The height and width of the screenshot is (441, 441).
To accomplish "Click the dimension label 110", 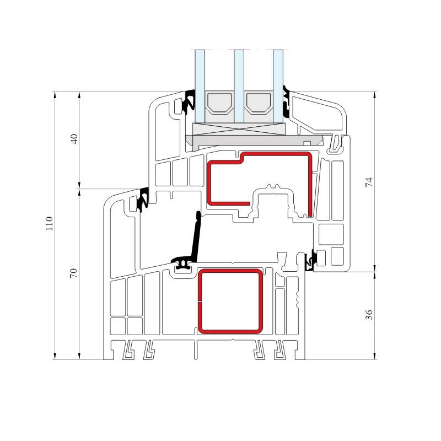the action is (49, 224).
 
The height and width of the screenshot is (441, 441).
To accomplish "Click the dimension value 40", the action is (74, 139).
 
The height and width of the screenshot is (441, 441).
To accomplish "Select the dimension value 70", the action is (73, 273).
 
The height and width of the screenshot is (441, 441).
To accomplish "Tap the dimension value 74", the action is (369, 182).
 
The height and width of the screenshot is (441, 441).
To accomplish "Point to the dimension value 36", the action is (369, 314).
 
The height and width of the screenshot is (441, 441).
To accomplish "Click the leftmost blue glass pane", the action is (200, 87).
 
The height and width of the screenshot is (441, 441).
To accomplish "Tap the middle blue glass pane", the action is (239, 87).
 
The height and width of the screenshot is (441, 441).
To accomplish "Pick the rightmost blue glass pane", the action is (278, 87).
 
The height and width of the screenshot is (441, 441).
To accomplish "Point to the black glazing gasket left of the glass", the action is (189, 102).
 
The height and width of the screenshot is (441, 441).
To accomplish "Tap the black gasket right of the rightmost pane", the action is (287, 102).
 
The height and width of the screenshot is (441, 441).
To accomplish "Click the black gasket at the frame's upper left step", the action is (143, 199).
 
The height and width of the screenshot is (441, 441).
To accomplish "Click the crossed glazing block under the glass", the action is (239, 129).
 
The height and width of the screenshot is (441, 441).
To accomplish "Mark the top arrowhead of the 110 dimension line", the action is (55, 94).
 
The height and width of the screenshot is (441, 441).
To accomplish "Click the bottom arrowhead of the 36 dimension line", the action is (375, 356).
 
